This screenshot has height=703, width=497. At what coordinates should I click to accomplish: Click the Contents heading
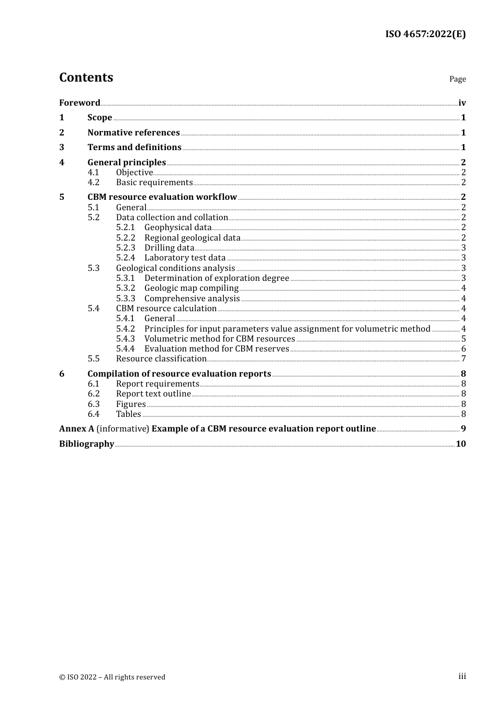[86, 77]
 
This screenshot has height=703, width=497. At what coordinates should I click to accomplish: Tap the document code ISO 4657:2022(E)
[425, 34]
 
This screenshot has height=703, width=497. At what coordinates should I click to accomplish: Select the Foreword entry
[80, 103]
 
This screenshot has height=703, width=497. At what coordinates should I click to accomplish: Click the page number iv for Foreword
[462, 103]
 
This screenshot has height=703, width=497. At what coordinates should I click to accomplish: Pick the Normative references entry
[133, 133]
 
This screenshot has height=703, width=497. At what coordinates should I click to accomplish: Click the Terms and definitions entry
[134, 148]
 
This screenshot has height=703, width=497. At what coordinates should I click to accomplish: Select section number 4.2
[93, 183]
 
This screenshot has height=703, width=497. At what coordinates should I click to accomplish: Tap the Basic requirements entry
[154, 183]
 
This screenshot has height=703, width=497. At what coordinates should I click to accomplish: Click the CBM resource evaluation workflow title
[162, 197]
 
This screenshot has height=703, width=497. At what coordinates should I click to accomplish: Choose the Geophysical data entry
[178, 228]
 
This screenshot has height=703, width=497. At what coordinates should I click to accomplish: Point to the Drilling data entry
[170, 248]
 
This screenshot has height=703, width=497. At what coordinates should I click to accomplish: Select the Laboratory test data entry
[185, 258]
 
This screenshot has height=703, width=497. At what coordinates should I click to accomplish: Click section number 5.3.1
[126, 278]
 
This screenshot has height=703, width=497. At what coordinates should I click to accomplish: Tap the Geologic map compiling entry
[191, 288]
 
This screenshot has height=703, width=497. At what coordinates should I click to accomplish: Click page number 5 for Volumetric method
[464, 339]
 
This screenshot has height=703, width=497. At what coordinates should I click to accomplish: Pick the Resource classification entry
[161, 359]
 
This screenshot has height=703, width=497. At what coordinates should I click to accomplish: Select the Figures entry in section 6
[131, 404]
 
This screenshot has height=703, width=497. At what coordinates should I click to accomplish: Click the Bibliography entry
[86, 444]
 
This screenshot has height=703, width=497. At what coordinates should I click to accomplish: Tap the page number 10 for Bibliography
[461, 444]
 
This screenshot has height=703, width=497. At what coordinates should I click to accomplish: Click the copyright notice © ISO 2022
[112, 677]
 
